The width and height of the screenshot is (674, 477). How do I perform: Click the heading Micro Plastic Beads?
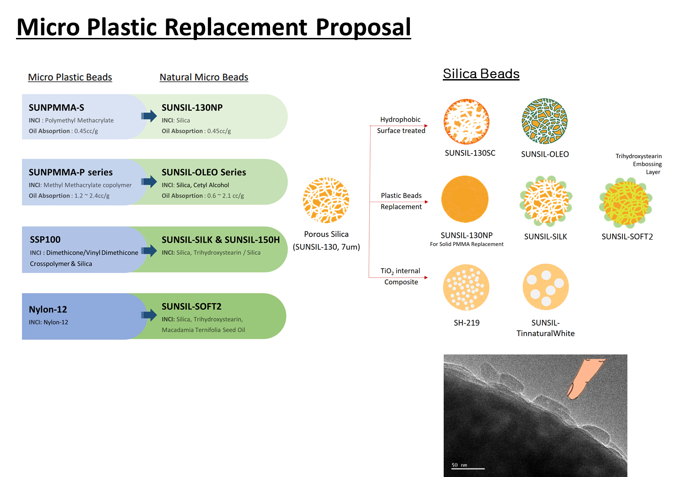point(70,77)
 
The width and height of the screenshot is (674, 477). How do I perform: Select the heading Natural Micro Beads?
point(204,77)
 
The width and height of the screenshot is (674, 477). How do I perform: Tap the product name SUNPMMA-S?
point(56,107)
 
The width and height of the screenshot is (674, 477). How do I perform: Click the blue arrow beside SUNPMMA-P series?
point(149,182)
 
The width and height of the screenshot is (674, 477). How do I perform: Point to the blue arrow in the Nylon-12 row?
point(149,315)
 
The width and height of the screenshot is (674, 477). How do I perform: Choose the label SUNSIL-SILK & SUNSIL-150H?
point(220,240)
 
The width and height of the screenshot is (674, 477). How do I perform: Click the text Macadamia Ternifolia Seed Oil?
point(203,330)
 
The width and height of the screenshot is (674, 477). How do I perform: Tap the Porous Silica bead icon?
point(326,200)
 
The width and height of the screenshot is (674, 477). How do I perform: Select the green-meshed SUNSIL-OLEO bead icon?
point(545,121)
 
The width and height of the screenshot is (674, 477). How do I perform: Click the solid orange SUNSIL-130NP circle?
point(465,199)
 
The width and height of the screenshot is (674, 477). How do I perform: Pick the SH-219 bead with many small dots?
point(466,288)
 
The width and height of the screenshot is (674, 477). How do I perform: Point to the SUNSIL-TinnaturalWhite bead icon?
point(546,287)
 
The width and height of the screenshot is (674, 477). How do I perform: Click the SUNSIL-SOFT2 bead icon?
point(626,203)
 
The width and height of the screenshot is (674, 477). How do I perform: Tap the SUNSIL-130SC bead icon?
point(467,122)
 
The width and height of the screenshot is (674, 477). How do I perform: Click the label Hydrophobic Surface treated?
point(401,125)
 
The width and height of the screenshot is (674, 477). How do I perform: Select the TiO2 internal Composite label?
point(401,276)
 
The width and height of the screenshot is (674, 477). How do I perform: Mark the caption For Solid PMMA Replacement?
point(467,244)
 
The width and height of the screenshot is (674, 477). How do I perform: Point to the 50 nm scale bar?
point(467,468)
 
